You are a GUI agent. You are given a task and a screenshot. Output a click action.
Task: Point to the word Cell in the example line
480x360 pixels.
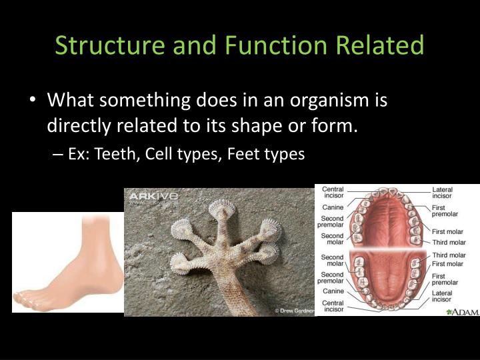coord(156,154)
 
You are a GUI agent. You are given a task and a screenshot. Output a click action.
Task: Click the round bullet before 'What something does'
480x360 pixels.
coord(33,101)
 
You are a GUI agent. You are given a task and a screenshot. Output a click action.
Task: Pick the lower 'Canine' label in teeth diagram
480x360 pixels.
coord(333,291)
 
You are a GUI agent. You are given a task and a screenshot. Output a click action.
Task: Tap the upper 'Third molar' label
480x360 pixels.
coord(448,242)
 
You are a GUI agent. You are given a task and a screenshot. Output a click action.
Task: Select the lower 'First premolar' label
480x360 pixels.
coord(445,279)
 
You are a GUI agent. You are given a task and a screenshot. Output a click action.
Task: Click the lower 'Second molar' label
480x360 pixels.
coord(333,261)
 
